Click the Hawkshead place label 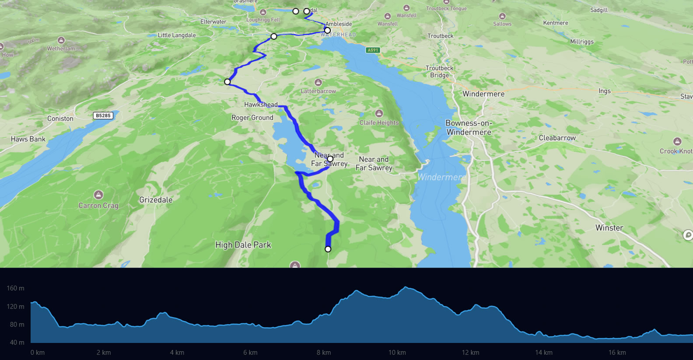point(261,105)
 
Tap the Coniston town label point(60,119)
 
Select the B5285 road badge point(103,115)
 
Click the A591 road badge point(373,50)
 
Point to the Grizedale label point(156,200)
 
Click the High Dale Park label point(243,245)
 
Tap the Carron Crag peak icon point(98,195)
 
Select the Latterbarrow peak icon point(318,82)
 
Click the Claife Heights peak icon point(379,114)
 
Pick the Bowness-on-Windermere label point(469,128)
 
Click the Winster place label point(609,228)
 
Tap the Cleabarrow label point(557,138)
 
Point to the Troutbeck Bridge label point(440,72)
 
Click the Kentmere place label point(556,23)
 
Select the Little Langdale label point(177,35)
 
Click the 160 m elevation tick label point(15,288)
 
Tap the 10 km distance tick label point(397,353)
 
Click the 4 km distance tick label point(177,353)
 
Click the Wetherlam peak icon point(61,40)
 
